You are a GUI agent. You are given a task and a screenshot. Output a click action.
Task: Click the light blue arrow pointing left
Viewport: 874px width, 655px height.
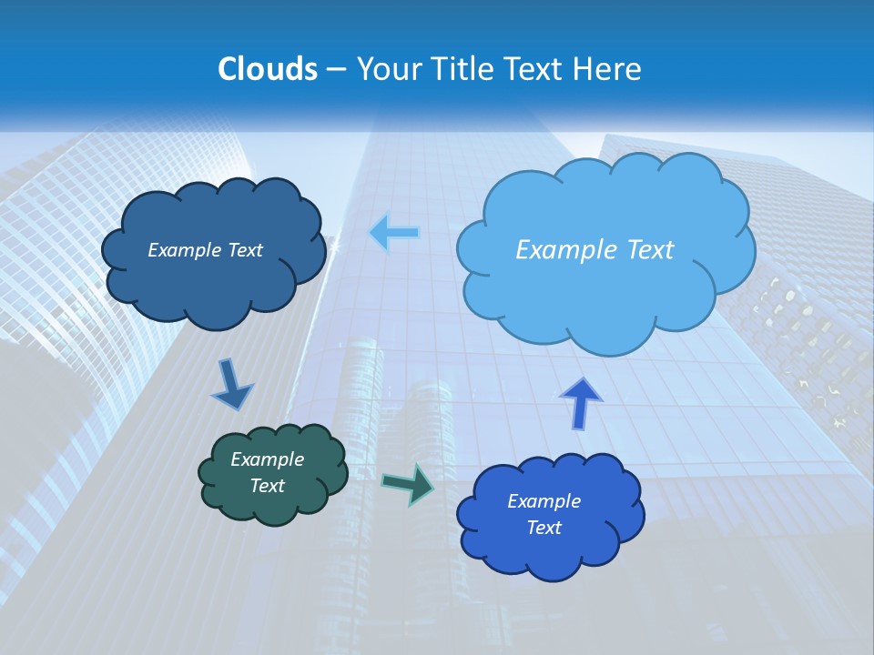click(394, 233)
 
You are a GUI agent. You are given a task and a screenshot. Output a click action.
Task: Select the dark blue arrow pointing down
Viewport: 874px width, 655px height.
click(232, 386)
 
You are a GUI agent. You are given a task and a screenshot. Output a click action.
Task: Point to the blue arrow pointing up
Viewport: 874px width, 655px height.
click(581, 402)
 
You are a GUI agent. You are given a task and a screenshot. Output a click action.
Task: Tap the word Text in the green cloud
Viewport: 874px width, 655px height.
click(268, 486)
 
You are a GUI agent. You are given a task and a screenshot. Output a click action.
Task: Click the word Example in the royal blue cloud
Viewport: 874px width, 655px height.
click(544, 501)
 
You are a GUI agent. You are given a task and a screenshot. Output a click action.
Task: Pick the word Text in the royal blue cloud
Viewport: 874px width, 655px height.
click(544, 528)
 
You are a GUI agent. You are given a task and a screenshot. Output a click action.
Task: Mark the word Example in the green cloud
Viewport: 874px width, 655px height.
click(267, 459)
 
